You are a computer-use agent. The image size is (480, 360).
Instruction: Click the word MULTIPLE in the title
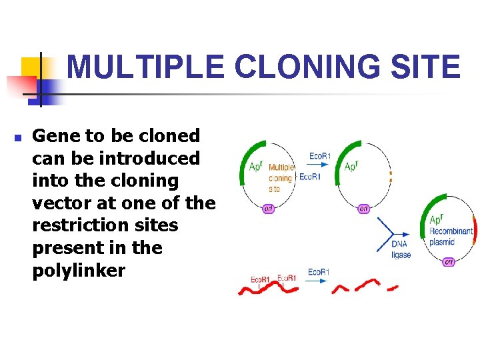[x=146, y=67]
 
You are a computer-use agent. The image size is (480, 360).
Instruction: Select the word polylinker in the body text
[x=79, y=270]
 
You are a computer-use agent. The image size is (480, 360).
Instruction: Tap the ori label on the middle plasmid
[x=364, y=209]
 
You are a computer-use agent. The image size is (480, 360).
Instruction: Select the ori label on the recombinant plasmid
[x=449, y=261]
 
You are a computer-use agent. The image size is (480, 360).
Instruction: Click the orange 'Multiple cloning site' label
[x=281, y=178]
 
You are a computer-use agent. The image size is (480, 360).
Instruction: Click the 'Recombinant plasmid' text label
[x=451, y=236]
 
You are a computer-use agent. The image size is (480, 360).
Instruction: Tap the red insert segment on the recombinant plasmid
[x=474, y=227]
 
